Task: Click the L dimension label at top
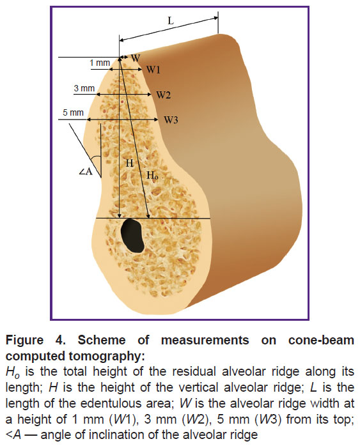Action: tap(171, 20)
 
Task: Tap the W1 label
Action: tap(153, 70)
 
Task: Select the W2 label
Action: tap(164, 95)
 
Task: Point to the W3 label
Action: tap(171, 120)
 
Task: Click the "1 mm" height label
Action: tap(100, 63)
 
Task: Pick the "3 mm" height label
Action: tap(84, 88)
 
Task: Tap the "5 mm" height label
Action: tap(73, 112)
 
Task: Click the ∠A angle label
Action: tap(86, 172)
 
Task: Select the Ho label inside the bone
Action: tap(153, 175)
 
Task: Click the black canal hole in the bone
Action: tap(132, 235)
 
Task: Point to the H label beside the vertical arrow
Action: tap(130, 163)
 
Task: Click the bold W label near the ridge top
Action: tap(136, 58)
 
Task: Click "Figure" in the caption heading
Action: tap(24, 340)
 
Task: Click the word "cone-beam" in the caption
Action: tap(321, 340)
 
